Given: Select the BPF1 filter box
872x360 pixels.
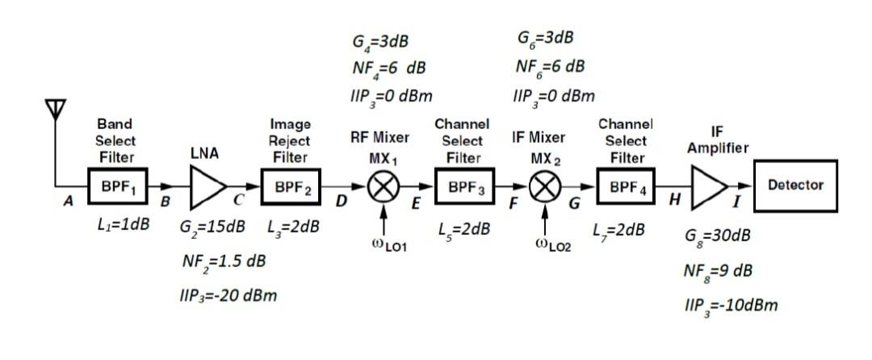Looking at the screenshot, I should tap(116, 186).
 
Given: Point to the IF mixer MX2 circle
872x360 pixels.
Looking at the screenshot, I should tap(546, 187).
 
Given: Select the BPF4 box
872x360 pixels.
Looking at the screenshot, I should tap(626, 187).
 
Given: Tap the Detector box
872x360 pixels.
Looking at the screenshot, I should tap(795, 185).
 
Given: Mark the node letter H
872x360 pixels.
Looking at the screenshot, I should tap(669, 201).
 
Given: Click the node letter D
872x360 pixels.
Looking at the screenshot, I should tap(340, 201).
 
